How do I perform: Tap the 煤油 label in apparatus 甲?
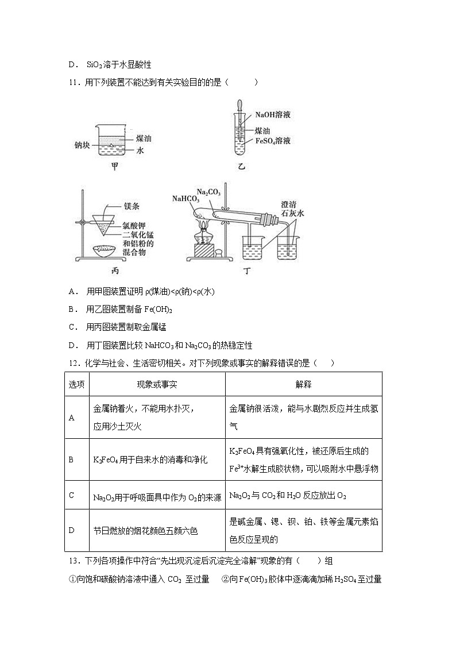click(x=143, y=138)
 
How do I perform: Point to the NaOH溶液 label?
click(x=273, y=115)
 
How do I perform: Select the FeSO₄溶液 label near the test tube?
click(x=273, y=141)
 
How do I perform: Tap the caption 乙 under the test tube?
click(x=241, y=167)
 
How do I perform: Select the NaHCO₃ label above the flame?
click(x=185, y=199)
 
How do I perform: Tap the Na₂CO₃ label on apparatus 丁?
click(x=208, y=191)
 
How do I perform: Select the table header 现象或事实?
click(x=157, y=384)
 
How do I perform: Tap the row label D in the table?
click(x=72, y=530)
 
